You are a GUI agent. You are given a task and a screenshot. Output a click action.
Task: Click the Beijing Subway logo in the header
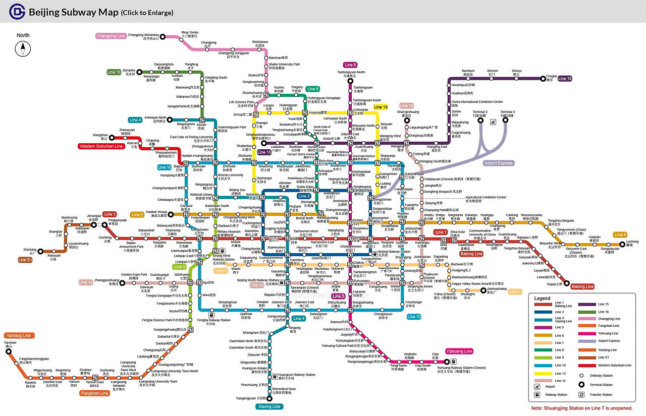19,12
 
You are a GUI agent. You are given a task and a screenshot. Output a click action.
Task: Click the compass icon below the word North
23,49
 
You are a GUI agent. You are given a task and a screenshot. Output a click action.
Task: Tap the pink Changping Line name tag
111,36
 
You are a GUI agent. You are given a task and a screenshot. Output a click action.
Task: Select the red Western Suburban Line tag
101,146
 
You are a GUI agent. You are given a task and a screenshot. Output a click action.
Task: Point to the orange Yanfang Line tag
19,335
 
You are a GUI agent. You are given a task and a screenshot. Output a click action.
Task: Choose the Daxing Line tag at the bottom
270,406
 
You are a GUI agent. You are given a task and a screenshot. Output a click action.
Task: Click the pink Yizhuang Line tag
459,351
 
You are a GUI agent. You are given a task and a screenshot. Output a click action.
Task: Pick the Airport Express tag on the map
498,163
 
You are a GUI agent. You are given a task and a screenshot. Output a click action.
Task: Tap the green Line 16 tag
114,72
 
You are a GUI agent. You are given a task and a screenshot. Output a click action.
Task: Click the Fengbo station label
552,78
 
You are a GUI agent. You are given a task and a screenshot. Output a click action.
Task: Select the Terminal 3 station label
507,114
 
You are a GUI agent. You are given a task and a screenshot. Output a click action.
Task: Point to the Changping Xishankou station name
144,36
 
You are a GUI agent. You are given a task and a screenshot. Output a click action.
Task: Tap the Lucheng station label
632,244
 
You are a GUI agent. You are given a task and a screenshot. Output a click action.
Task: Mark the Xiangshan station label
100,137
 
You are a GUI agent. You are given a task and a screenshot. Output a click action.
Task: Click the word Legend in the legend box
543,298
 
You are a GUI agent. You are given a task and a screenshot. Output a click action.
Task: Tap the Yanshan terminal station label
10,344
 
